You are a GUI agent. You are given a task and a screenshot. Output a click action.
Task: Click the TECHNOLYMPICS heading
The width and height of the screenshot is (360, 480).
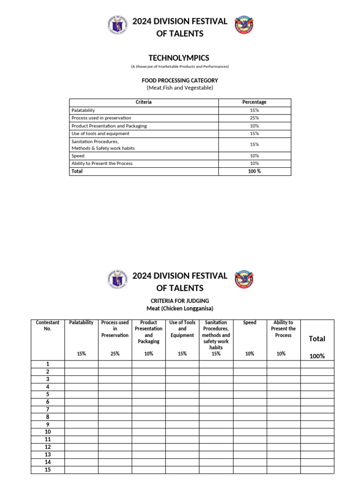click(179, 58)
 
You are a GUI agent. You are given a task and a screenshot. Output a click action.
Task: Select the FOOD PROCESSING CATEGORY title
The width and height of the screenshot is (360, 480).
click(180, 81)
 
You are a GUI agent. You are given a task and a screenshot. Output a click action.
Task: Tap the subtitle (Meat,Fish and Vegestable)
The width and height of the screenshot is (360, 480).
click(180, 88)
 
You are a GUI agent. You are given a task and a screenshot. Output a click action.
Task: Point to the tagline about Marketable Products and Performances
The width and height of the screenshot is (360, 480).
click(180, 67)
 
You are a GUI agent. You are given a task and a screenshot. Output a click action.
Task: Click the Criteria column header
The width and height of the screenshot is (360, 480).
click(143, 102)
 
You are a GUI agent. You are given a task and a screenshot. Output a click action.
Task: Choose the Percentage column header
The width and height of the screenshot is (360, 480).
click(254, 102)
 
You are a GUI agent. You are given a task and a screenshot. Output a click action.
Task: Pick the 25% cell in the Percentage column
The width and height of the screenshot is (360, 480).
click(254, 118)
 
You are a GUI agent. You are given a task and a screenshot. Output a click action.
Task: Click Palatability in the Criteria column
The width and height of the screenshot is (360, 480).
click(83, 110)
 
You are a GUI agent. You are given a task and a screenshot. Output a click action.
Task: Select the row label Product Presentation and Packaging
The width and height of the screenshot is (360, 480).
click(109, 126)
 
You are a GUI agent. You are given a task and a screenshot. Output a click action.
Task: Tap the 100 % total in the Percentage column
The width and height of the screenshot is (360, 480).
click(254, 172)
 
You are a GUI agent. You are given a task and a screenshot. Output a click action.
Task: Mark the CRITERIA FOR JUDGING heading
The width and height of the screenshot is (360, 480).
click(180, 301)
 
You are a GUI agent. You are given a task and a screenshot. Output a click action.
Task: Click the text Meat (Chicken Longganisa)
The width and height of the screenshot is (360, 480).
click(180, 308)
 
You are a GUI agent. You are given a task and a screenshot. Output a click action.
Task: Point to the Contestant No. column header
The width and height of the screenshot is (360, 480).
click(48, 326)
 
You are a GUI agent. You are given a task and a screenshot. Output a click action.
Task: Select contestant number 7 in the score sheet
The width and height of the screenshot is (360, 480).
click(48, 409)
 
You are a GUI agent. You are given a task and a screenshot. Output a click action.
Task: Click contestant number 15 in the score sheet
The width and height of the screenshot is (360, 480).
click(48, 470)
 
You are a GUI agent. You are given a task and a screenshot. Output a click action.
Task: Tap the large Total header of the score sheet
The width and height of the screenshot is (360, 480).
click(317, 339)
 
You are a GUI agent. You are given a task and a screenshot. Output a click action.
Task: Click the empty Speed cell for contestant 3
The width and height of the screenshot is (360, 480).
click(250, 379)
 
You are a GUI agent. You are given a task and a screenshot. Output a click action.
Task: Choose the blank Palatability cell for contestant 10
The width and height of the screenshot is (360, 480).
click(81, 432)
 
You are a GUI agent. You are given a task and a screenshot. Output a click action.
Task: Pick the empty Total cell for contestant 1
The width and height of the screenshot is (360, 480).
click(317, 364)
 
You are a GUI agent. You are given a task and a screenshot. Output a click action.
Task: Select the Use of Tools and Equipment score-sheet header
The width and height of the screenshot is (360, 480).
click(182, 329)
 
